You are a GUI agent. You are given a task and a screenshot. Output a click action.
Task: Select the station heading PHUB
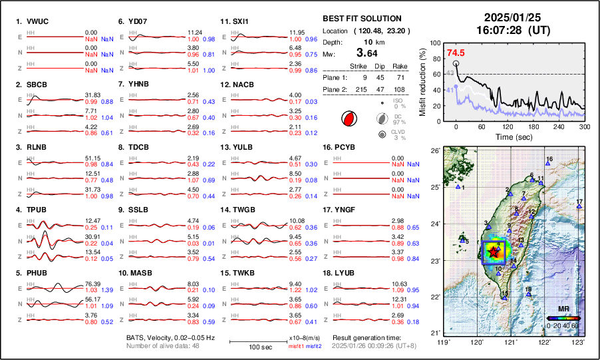(x=37, y=273)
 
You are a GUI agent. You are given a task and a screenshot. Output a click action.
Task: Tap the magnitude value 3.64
(x=367, y=53)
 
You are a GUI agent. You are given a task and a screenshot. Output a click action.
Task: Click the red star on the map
(x=493, y=252)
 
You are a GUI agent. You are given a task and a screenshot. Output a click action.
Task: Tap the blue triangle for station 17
(x=579, y=207)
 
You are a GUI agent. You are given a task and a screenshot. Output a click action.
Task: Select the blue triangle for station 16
(x=546, y=164)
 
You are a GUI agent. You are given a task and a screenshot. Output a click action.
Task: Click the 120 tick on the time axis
(x=508, y=126)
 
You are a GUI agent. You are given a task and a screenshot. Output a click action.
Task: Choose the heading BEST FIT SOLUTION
(x=362, y=19)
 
